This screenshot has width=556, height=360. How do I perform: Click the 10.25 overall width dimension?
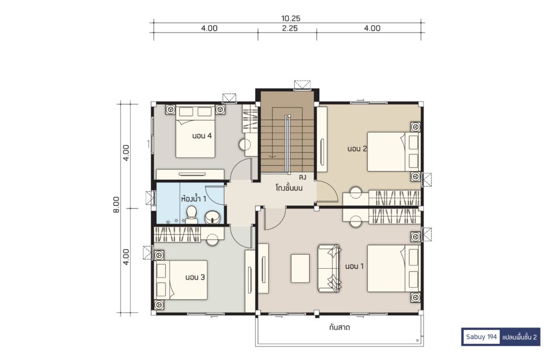click(291, 18)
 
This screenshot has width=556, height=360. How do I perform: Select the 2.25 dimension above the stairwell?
click(290, 28)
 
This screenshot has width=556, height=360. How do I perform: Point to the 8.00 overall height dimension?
click(116, 205)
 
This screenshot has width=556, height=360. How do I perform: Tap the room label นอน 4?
click(202, 136)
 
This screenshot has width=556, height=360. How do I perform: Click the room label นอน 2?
click(357, 149)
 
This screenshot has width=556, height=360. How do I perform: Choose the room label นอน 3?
click(195, 277)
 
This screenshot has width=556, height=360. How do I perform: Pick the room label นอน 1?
click(354, 266)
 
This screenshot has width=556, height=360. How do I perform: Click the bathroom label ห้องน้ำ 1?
click(194, 198)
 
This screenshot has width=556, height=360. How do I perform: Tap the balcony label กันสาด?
click(339, 327)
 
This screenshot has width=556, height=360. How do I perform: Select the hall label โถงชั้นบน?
click(289, 188)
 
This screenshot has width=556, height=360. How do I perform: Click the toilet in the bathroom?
click(192, 215)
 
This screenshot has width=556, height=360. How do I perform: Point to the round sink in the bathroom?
click(213, 217)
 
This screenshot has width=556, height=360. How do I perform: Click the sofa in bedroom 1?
click(330, 268)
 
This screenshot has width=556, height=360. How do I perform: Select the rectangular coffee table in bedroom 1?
click(300, 268)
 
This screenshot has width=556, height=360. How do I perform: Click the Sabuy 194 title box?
click(481, 337)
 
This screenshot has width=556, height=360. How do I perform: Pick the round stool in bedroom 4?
click(245, 145)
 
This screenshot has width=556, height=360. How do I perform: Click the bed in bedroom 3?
click(181, 280)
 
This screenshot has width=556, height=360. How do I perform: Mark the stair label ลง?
click(302, 177)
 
